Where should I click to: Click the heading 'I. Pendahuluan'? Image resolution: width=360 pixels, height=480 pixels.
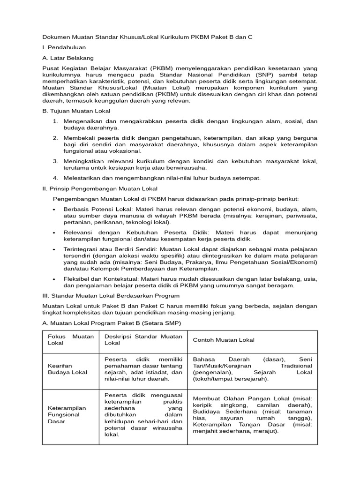click(64, 47)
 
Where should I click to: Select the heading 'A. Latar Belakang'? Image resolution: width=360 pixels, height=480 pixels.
click(68, 58)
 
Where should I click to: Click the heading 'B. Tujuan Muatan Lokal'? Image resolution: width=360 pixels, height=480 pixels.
click(76, 111)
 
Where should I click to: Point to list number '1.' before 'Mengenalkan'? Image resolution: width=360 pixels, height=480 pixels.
click(55, 121)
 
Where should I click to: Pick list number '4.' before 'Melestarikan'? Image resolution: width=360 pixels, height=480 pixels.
click(55, 178)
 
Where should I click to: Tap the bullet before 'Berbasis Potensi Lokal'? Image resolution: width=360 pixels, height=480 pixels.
click(55, 210)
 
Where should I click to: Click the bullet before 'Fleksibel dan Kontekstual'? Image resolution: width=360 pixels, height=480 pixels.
click(55, 279)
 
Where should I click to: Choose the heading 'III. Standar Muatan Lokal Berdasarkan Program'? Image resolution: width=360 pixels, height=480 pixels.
click(111, 296)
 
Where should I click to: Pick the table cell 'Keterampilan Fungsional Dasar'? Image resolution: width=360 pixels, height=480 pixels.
click(67, 414)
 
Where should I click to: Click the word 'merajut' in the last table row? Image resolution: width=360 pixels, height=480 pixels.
click(265, 431)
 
